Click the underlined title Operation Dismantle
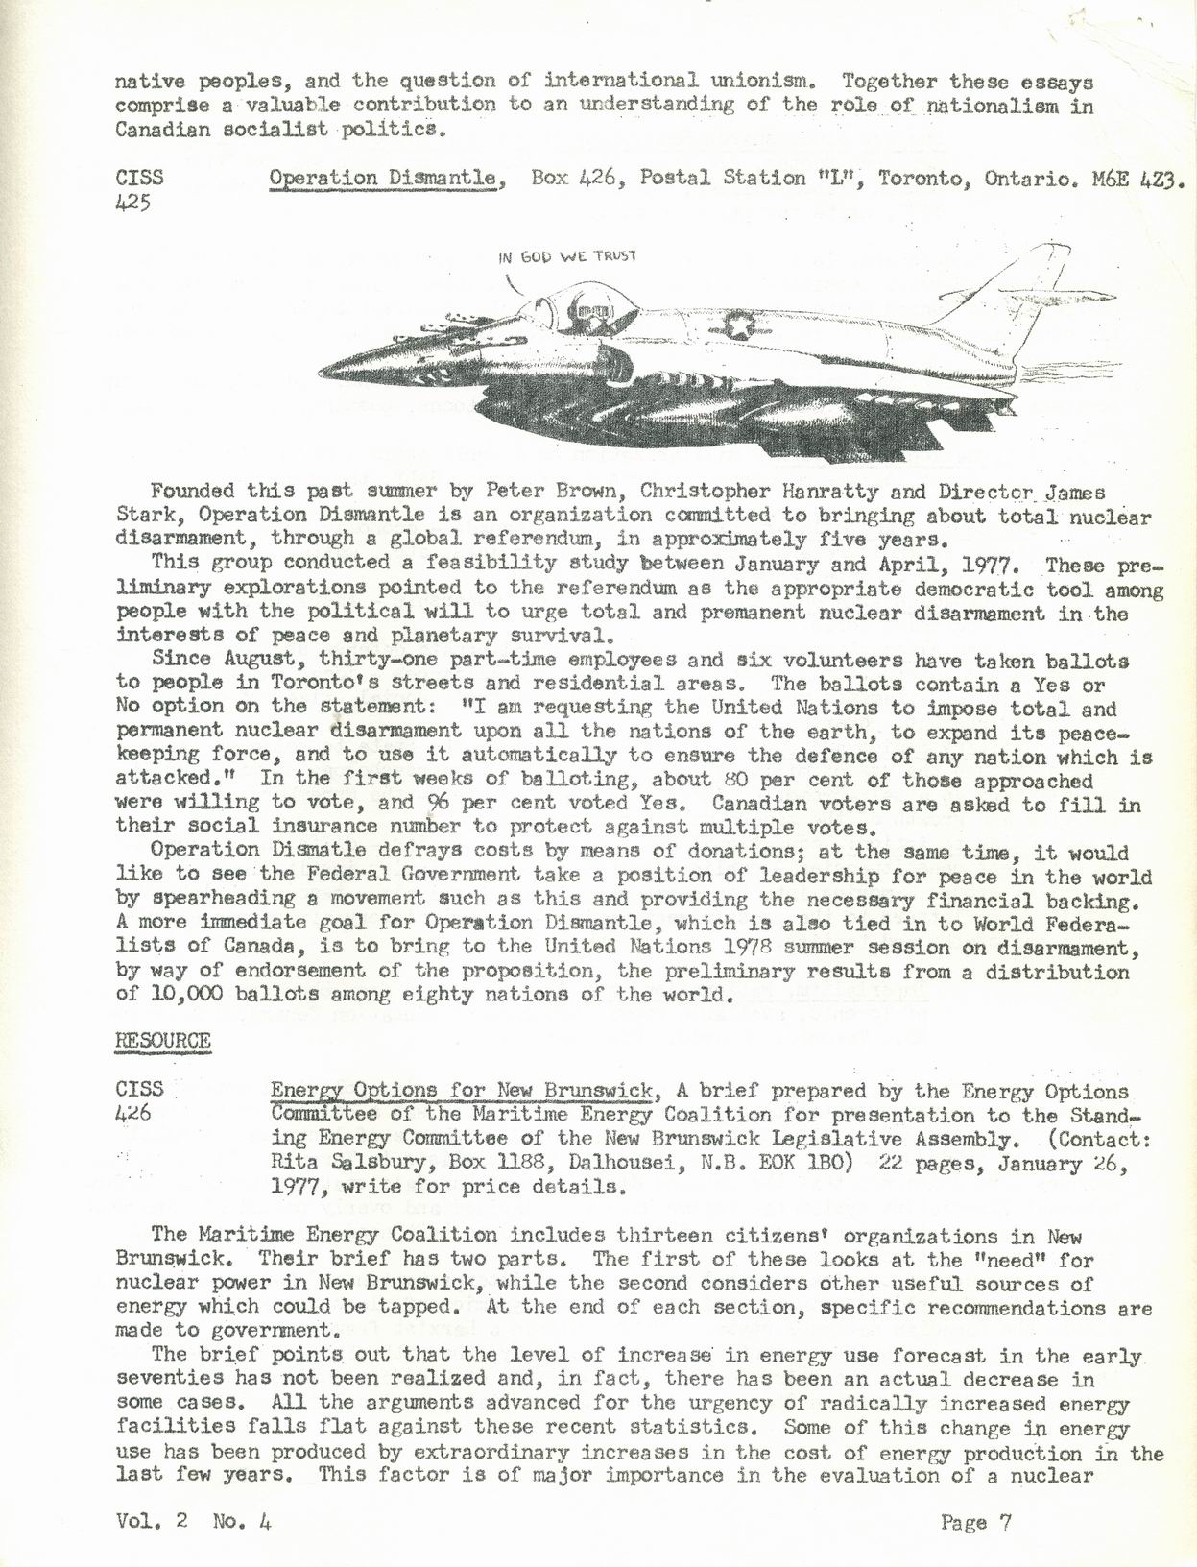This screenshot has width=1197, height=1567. [387, 179]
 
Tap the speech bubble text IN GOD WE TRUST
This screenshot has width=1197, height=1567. [567, 256]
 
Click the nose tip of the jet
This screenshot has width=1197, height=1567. [326, 370]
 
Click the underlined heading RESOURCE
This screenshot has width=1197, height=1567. [162, 1041]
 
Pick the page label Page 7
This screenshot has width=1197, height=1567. [975, 1521]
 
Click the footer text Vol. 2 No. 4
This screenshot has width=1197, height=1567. [193, 1521]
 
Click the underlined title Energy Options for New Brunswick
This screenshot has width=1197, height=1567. [463, 1091]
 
